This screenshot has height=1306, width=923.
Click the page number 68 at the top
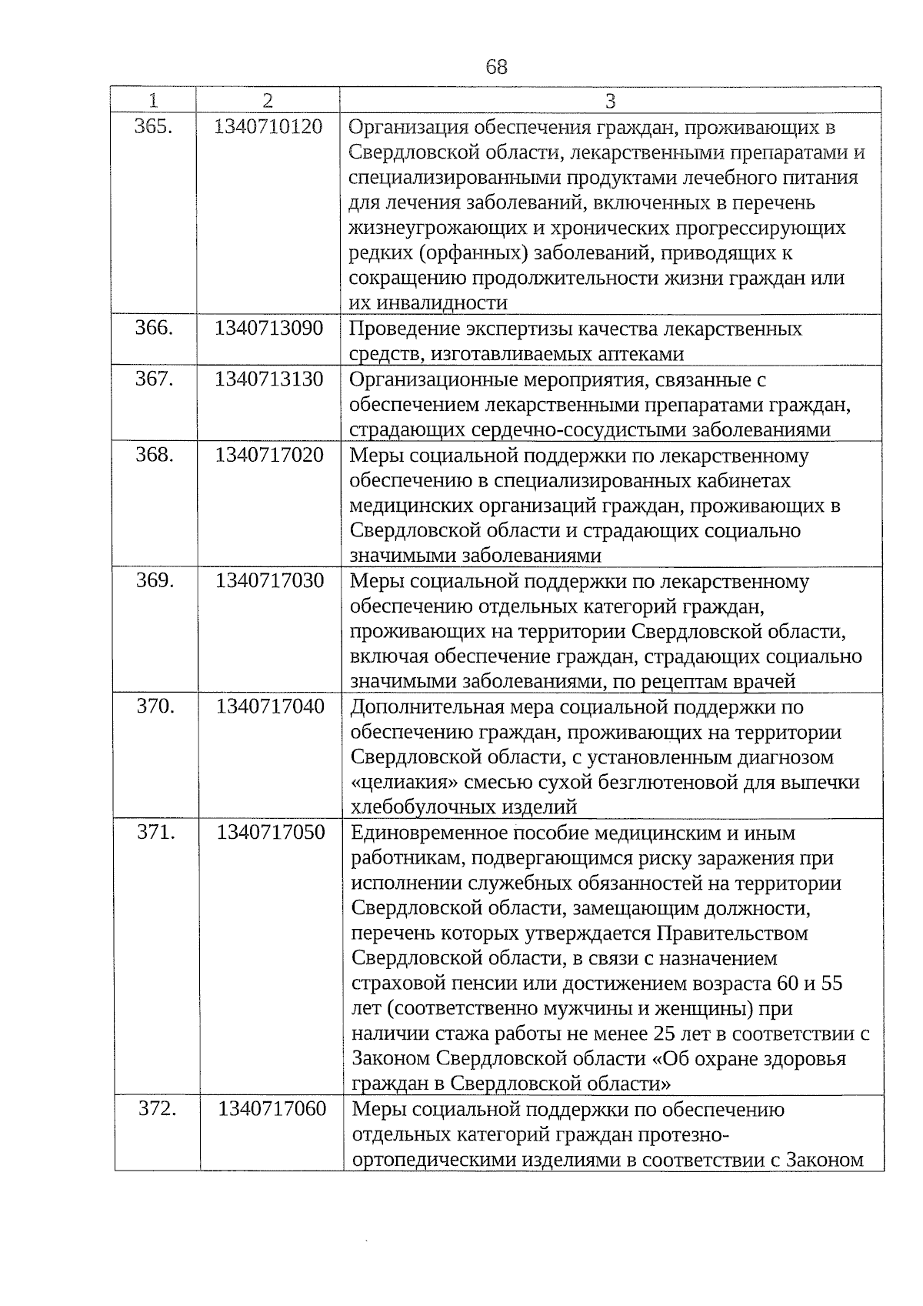496,67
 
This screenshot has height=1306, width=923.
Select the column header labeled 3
610,101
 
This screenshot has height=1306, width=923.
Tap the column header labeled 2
267,101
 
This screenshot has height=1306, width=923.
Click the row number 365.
152,127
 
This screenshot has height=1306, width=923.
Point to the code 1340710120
268,127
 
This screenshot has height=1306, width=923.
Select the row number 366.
153,329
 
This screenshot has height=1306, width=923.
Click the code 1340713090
268,329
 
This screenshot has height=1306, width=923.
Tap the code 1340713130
268,379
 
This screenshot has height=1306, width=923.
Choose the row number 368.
154,455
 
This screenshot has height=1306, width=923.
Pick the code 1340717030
269,580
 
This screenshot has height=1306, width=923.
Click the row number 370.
155,706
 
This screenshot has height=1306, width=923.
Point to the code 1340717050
271,833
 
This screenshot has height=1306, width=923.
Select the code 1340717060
272,1110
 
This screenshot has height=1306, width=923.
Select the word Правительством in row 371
732,934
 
